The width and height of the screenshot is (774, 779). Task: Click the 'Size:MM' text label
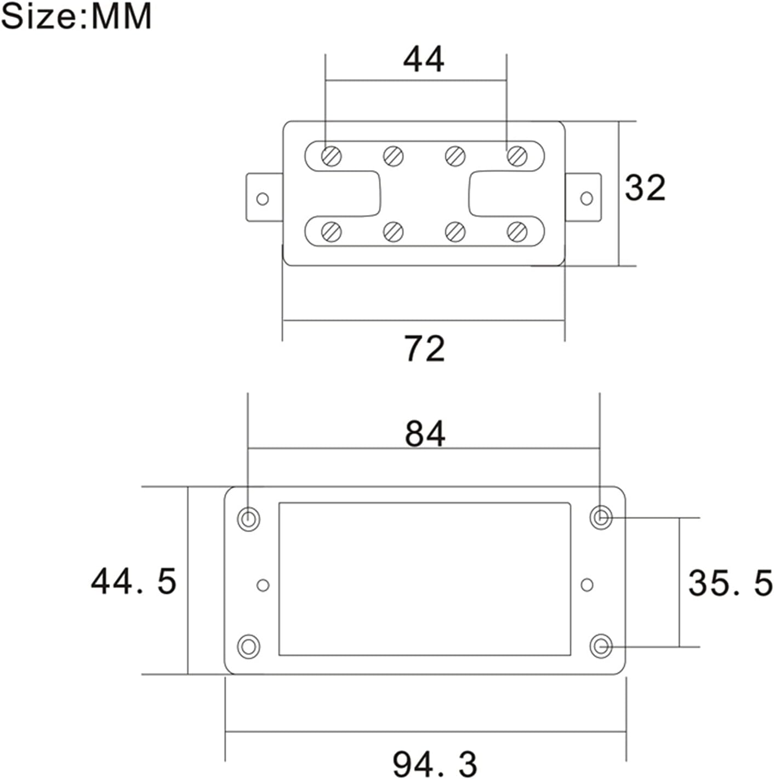[76, 16]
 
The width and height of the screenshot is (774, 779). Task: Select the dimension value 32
[645, 188]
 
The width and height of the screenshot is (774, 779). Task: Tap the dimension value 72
[424, 348]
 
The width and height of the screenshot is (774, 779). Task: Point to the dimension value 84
[425, 433]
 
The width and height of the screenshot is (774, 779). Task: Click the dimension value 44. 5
[133, 582]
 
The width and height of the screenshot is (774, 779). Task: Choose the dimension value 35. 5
[730, 583]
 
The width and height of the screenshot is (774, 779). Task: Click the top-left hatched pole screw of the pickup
[331, 156]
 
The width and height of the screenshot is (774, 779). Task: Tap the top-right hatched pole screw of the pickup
[516, 156]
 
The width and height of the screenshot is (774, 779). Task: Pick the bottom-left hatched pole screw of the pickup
[331, 232]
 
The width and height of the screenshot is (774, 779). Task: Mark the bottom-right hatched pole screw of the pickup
[516, 232]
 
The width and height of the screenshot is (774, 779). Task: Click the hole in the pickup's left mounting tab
[263, 199]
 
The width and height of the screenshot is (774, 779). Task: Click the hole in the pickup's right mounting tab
[587, 199]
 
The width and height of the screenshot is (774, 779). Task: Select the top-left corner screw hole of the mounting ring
[248, 518]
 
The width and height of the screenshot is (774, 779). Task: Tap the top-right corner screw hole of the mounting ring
[601, 517]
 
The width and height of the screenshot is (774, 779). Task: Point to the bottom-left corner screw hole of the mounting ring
[248, 646]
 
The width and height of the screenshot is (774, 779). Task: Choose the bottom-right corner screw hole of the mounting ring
[601, 646]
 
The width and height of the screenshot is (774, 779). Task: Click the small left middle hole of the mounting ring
[263, 585]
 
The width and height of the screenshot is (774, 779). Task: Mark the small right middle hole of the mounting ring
[587, 585]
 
